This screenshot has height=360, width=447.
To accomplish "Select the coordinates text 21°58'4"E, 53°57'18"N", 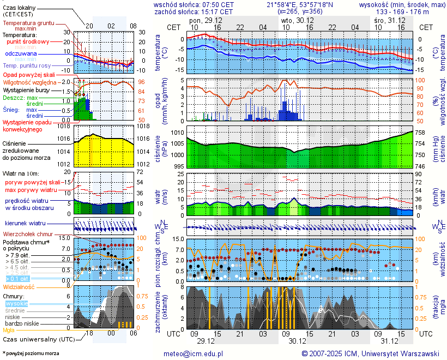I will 298,4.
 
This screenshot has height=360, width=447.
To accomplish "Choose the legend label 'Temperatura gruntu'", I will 28,23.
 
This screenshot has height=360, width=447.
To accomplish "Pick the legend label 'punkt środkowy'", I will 28,41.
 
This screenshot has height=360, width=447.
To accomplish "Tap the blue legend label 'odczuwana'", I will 21,54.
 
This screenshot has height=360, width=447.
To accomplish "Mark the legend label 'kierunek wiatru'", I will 25,224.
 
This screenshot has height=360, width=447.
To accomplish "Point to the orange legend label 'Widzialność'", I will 19,286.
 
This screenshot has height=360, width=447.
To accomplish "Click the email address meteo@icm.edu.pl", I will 194,353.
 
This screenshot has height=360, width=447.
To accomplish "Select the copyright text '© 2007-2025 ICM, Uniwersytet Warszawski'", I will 370,353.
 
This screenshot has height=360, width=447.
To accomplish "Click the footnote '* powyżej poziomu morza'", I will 31,353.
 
